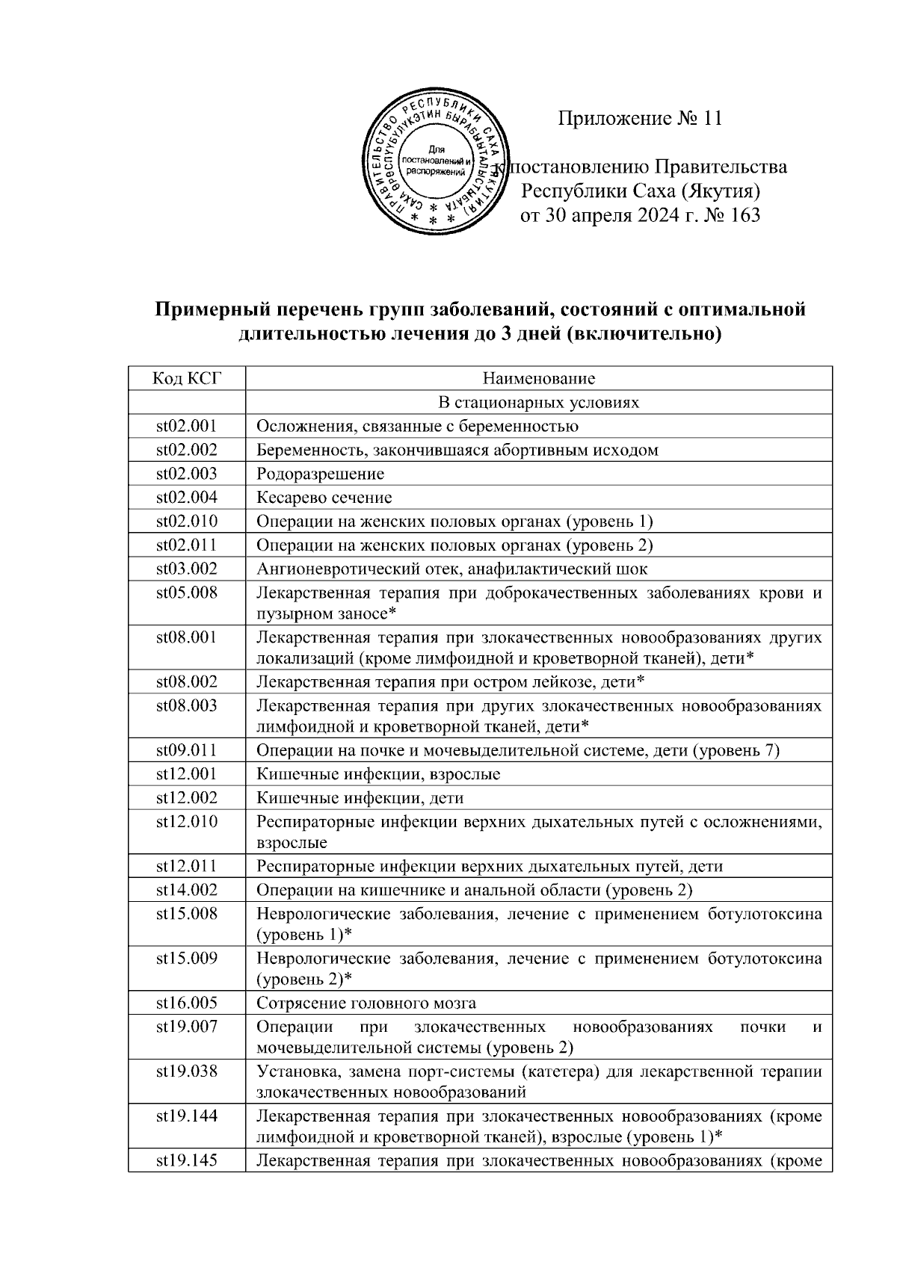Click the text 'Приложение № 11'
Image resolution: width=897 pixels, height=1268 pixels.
tap(640, 119)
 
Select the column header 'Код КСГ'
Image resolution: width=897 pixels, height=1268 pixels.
tap(187, 378)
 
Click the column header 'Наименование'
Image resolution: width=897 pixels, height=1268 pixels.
tap(539, 378)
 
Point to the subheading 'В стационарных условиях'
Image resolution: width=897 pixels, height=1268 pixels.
tap(539, 403)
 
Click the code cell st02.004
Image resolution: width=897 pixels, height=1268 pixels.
tap(187, 498)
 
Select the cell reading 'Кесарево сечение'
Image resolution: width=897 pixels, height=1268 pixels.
tap(324, 498)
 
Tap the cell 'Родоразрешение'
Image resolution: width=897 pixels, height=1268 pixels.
tap(321, 474)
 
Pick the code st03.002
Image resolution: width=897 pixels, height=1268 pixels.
tap(187, 569)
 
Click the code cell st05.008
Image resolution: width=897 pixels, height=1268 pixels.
tap(187, 593)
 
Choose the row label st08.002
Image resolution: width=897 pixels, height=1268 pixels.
tap(187, 681)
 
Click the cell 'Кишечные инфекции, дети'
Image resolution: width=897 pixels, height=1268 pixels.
tap(360, 798)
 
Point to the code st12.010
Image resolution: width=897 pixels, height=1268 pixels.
tap(187, 822)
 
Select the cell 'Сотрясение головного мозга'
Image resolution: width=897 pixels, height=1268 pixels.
tap(366, 1003)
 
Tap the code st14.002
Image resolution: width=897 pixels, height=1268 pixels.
tap(187, 890)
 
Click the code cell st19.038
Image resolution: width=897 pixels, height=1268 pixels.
tap(187, 1071)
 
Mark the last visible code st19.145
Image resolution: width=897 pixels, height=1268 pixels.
tap(187, 1161)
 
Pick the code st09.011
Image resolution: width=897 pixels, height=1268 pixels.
tap(187, 750)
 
